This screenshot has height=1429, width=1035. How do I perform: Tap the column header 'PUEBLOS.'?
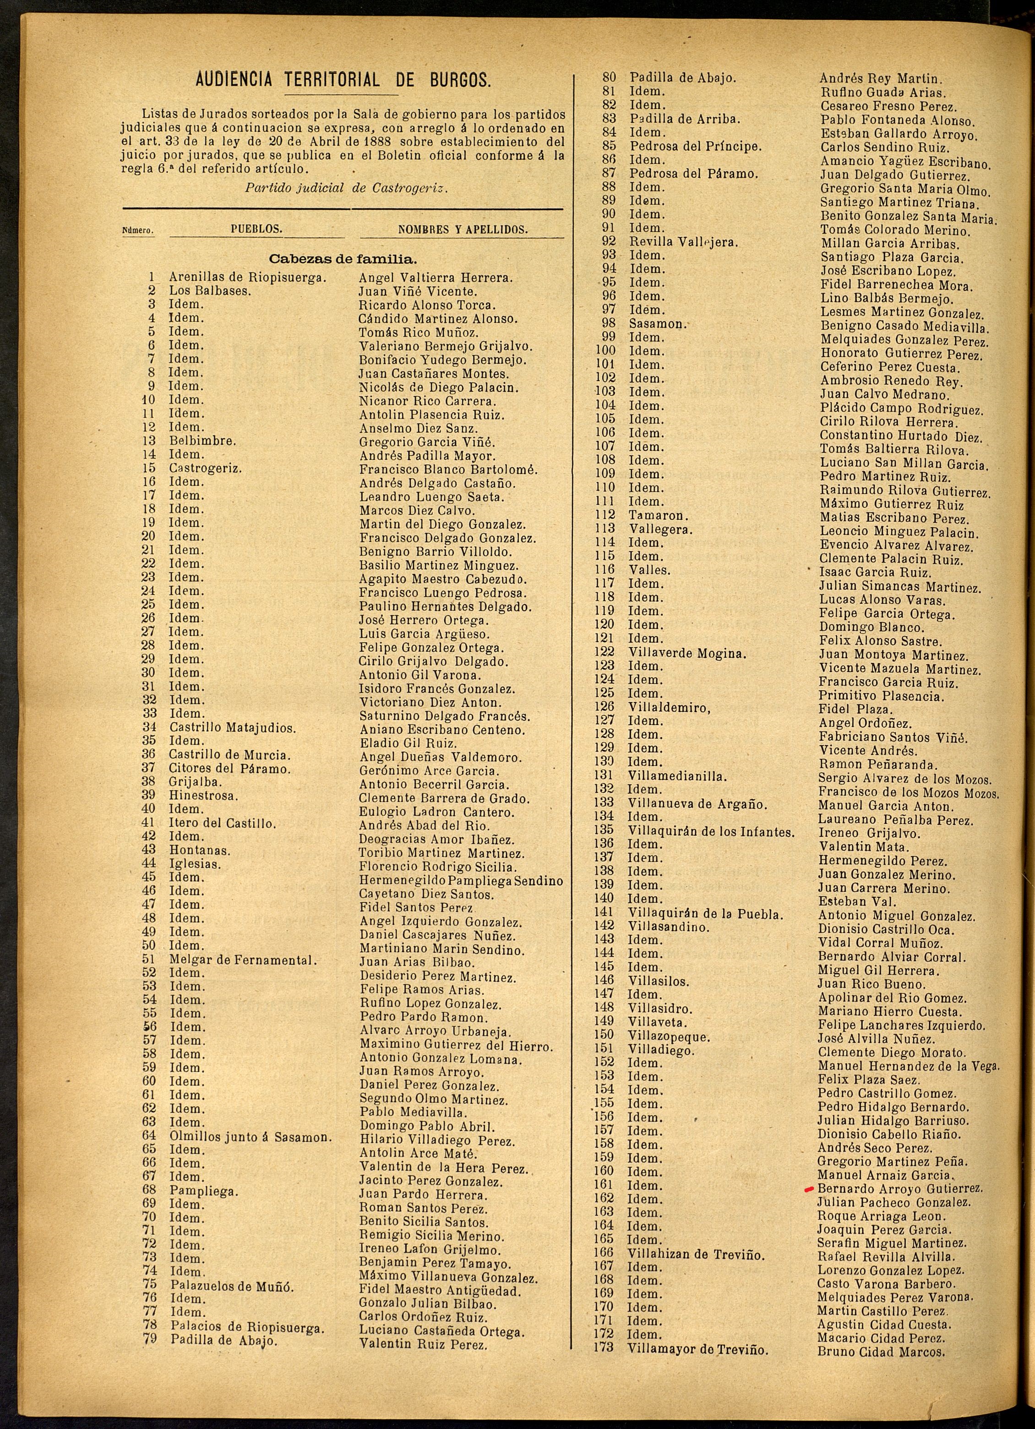pyautogui.click(x=256, y=229)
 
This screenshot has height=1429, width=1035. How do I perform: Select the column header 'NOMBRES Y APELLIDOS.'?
pyautogui.click(x=463, y=230)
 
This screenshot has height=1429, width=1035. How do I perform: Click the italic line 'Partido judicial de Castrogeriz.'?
pyautogui.click(x=347, y=188)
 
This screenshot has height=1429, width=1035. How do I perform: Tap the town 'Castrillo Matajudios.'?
pyautogui.click(x=233, y=728)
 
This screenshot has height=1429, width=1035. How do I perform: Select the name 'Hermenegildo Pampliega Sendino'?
pyautogui.click(x=461, y=881)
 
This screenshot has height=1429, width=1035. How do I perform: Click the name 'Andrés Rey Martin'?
pyautogui.click(x=880, y=79)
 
